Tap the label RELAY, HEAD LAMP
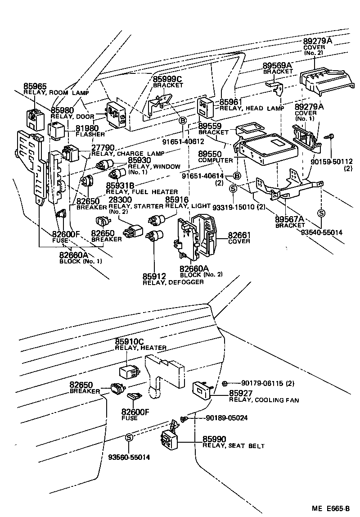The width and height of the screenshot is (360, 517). (252, 109)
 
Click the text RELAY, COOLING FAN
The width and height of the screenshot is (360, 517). (264, 400)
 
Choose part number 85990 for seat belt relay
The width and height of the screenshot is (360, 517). (214, 439)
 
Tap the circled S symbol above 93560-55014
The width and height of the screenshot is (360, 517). (129, 437)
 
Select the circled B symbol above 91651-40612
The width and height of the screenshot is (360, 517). (183, 120)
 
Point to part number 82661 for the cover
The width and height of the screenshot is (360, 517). (239, 235)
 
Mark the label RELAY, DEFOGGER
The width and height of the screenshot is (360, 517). (166, 282)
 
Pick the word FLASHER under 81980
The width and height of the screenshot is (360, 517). (90, 134)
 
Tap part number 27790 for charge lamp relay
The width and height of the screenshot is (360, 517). (103, 147)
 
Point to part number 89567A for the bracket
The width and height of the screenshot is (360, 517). (290, 219)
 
